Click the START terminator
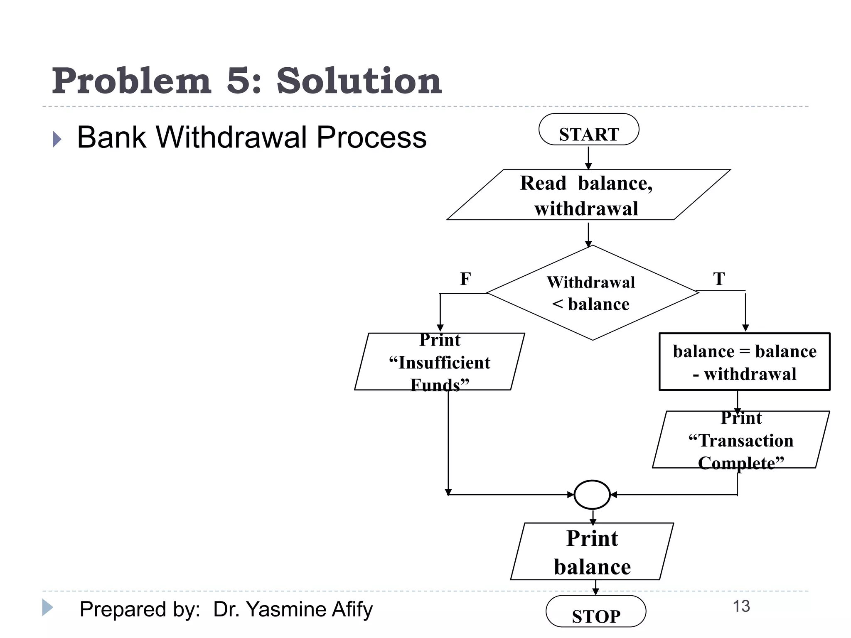click(588, 130)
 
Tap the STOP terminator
click(595, 611)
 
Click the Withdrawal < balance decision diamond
click(592, 293)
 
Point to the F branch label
click(465, 279)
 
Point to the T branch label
click(719, 279)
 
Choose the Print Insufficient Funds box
click(440, 362)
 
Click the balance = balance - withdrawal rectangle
click(744, 362)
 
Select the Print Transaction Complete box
click(741, 440)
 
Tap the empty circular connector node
click(592, 495)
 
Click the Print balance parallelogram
click(592, 552)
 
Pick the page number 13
click(741, 606)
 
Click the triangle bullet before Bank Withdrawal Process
click(57, 139)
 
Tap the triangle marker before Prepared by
click(47, 607)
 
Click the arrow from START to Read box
click(588, 157)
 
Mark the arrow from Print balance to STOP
click(595, 587)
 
